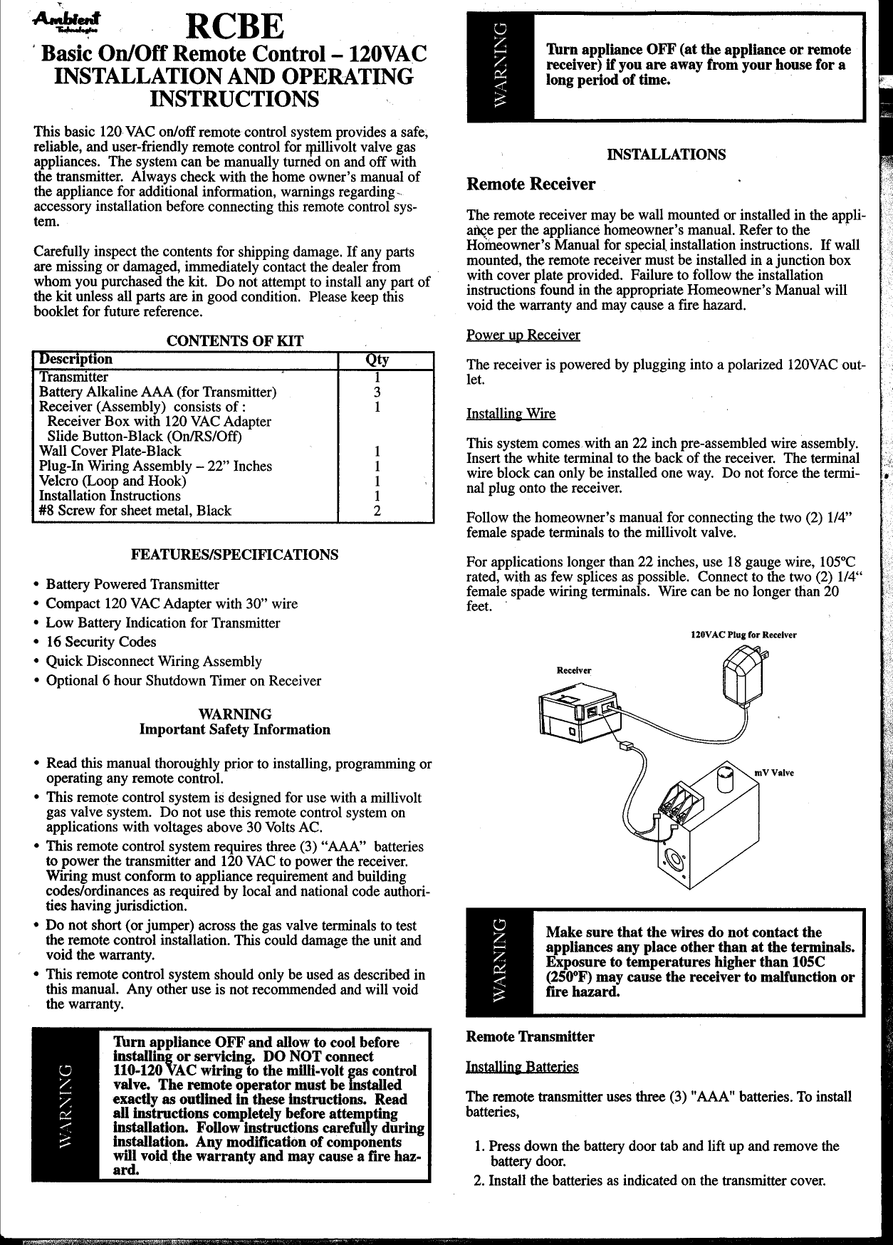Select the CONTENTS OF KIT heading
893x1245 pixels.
[x=234, y=341]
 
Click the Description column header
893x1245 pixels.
[x=75, y=359]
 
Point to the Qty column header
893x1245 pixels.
[x=377, y=360]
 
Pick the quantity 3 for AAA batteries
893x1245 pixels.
[x=377, y=392]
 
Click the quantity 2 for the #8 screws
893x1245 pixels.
[x=377, y=511]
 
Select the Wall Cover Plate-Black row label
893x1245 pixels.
[x=110, y=451]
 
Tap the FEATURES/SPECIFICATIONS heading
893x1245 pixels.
[x=234, y=554]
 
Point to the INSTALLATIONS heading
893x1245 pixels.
[x=666, y=155]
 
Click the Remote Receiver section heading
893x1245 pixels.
[x=531, y=184]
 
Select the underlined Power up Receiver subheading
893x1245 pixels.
[x=523, y=335]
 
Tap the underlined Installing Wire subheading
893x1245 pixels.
[x=511, y=414]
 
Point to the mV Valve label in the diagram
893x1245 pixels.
[x=774, y=773]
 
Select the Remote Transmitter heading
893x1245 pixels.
[x=530, y=1037]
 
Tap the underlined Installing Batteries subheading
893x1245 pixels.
[x=522, y=1067]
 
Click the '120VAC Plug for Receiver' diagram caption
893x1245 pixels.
[x=744, y=634]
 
